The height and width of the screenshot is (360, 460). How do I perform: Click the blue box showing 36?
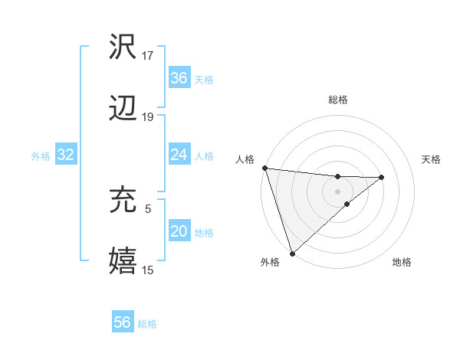coord(179,78)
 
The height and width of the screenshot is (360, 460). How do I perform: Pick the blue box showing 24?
coord(179,155)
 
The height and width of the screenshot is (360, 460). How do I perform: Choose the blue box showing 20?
coord(179,231)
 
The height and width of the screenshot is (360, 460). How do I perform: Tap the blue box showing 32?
coord(65,155)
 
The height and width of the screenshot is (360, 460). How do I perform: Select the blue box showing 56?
coord(123,322)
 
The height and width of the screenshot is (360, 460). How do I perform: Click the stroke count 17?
coord(148,55)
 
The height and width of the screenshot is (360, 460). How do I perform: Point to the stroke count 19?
coord(148,117)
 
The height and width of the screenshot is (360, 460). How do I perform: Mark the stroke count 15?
coord(148,270)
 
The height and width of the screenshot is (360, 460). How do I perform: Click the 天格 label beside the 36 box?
coord(204,79)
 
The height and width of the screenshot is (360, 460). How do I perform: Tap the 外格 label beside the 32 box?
coord(41,155)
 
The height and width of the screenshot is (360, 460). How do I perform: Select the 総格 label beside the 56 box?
coord(148,323)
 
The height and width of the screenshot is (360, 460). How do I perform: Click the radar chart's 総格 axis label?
coord(338,100)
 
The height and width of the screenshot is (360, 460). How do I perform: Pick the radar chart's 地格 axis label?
coord(402,262)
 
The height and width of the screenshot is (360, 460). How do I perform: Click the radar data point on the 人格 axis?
coord(264,168)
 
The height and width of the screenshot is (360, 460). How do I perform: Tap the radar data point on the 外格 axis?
coord(292,252)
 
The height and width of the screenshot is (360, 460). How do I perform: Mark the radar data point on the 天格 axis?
coord(382,178)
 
